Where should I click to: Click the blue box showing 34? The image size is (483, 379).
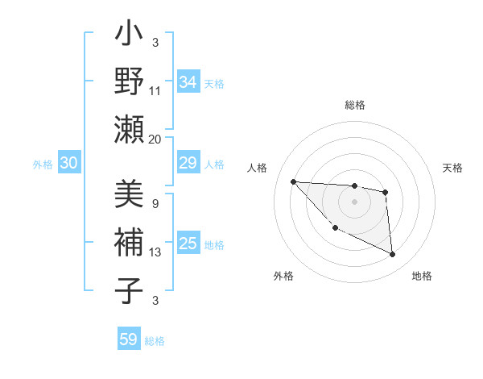point(188,82)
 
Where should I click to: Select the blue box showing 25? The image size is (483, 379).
point(188,244)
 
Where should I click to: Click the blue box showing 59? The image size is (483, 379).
point(128,339)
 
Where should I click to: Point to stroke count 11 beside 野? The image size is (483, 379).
point(156,90)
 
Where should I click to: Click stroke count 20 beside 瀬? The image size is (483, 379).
point(155,139)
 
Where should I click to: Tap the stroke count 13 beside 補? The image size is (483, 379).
point(156,252)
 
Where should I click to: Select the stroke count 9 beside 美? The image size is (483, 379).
point(155,203)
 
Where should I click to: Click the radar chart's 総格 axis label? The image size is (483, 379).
point(355,106)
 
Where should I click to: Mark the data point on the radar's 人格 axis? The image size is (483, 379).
point(293,181)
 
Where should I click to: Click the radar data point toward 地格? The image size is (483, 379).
point(393,255)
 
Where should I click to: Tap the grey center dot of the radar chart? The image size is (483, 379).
point(354,202)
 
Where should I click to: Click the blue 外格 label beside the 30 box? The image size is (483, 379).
point(43,165)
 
